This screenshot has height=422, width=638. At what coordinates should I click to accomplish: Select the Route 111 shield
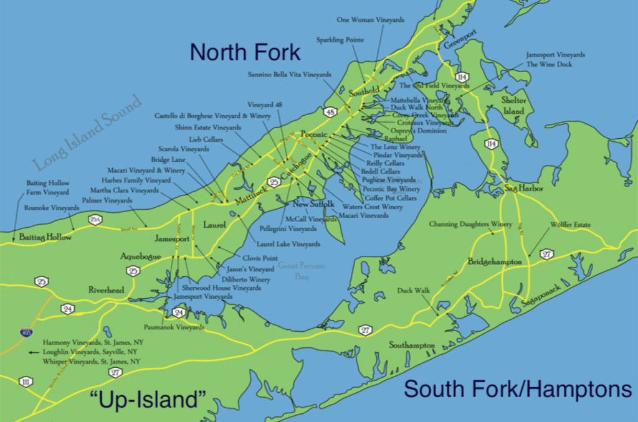[x=25, y=382]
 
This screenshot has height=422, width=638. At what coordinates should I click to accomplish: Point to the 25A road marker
[x=95, y=219]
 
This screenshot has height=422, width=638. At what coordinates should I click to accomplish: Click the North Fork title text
[x=245, y=52]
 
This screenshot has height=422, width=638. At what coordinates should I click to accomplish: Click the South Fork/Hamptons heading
[x=518, y=390]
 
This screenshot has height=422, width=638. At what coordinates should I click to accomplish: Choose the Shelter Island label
[x=513, y=105]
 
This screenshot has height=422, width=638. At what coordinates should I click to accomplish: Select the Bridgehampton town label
[x=494, y=262]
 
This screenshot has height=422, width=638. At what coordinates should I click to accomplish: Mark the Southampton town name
[x=411, y=345]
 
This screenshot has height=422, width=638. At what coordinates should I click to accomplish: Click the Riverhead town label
[x=106, y=290]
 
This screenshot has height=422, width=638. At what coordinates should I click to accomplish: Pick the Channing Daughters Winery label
[x=470, y=224]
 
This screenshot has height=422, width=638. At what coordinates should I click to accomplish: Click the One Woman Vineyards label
[x=370, y=20]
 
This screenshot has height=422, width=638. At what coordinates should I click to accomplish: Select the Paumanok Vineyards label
[x=174, y=327]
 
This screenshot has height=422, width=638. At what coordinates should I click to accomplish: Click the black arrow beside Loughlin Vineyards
[x=34, y=352]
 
